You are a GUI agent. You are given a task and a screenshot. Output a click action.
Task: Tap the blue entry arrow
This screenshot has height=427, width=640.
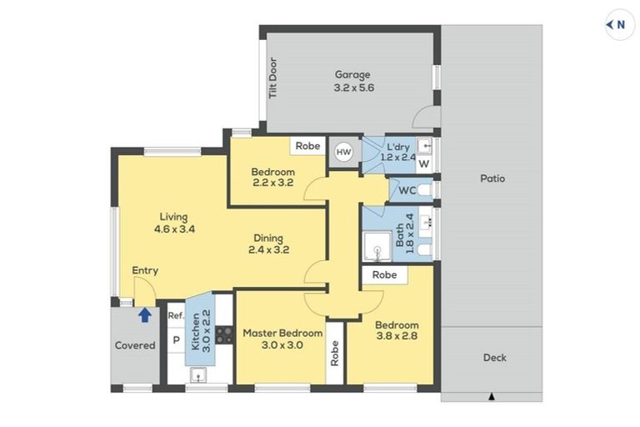(145, 314)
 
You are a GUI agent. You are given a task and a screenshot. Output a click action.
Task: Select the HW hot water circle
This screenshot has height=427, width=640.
(343, 152)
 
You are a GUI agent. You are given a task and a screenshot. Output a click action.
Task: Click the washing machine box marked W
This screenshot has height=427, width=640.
(423, 164)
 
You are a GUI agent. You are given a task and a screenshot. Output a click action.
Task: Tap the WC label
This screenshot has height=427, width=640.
(407, 190)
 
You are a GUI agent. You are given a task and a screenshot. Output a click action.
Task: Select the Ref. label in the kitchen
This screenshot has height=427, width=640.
(175, 316)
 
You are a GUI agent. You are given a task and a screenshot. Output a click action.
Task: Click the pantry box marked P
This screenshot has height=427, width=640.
(176, 340)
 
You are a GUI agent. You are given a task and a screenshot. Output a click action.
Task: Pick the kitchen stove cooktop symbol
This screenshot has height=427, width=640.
(224, 335)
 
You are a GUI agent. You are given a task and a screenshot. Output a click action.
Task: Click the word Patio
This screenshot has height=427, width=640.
(492, 178)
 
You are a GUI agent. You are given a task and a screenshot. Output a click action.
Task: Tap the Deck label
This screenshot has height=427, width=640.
(495, 358)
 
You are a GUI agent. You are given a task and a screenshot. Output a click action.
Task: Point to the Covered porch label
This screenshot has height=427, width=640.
(135, 345)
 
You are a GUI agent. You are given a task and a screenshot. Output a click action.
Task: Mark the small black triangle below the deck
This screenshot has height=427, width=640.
(492, 395)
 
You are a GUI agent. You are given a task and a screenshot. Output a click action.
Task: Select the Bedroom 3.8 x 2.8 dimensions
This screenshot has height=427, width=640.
(397, 338)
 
